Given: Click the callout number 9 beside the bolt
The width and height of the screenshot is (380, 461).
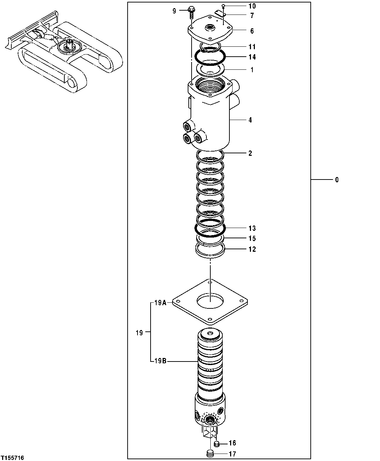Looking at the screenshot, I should (174, 11).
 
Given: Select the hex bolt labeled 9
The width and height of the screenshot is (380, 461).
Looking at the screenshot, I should (192, 11).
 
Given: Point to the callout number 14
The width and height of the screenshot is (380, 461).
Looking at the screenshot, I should (252, 57).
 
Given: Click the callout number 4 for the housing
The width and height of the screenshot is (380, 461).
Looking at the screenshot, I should (250, 120).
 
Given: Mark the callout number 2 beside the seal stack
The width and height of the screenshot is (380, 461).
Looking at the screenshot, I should (250, 153).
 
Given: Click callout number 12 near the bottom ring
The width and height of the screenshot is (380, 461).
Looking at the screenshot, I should (252, 249).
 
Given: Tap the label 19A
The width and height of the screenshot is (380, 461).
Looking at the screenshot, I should (160, 303).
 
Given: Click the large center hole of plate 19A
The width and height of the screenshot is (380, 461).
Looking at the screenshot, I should (210, 301).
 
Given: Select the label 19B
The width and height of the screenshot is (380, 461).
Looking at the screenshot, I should (160, 361).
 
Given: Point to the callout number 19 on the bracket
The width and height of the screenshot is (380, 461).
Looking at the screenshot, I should (139, 332).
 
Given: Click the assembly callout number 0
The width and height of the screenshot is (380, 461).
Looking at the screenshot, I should (337, 180).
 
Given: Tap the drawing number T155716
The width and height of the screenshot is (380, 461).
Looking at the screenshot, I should (12, 458).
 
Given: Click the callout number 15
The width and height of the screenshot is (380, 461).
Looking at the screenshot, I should (252, 239).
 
